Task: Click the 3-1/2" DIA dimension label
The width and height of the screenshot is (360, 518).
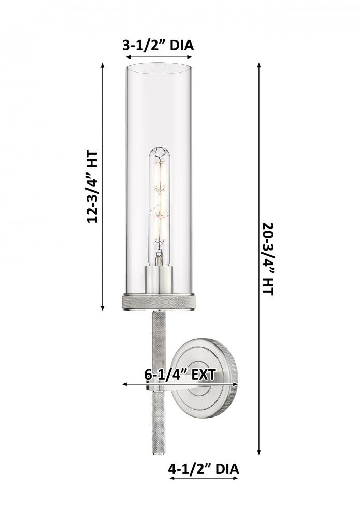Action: [x=158, y=45]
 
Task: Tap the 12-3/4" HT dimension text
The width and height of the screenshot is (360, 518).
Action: [x=92, y=187]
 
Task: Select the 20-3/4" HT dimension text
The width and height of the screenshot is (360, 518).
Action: [x=268, y=258]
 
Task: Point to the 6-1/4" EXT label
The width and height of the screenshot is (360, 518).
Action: [x=180, y=375]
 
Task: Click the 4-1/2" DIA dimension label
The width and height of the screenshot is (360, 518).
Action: [x=204, y=469]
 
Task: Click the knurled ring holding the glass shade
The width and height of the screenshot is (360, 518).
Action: [x=160, y=303]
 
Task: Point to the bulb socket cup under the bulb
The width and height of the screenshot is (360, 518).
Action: [x=160, y=280]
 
